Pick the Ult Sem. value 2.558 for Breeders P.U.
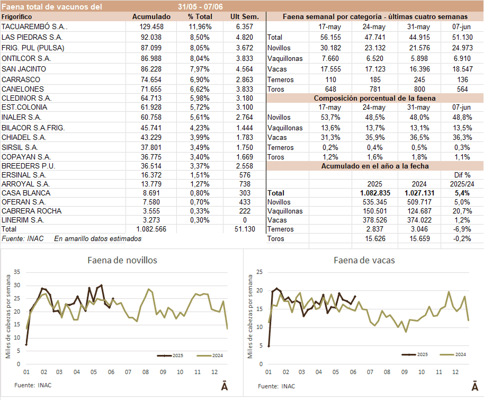click(245, 167)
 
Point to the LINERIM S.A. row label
click(23, 220)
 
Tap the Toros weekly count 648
click(331, 89)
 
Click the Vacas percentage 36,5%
click(419, 137)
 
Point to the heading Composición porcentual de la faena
click(374, 98)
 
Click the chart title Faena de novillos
click(122, 260)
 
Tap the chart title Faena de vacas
click(364, 260)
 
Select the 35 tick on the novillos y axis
click(16, 272)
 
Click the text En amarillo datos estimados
click(98, 239)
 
